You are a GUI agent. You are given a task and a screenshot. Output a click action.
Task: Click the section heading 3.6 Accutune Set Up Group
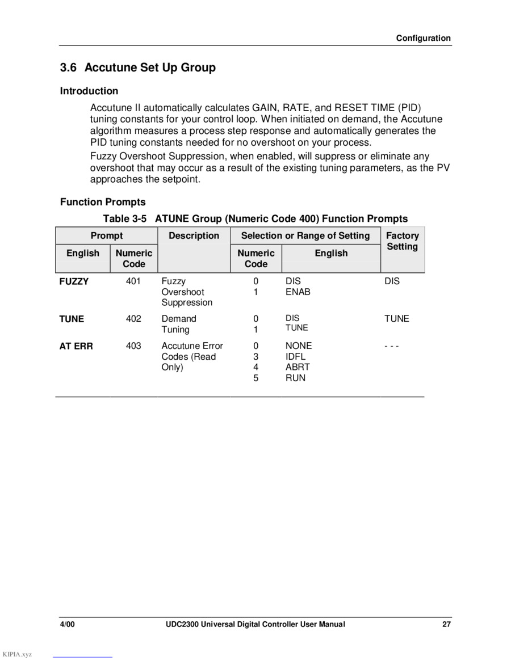click(138, 68)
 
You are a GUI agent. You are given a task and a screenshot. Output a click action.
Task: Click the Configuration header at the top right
click(423, 38)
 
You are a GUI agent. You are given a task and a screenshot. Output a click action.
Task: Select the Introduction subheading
click(89, 91)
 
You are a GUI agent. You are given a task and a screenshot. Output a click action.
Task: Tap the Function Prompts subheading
click(103, 202)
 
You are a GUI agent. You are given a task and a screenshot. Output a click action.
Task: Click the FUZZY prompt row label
click(74, 281)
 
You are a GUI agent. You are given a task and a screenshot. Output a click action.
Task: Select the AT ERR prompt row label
click(76, 346)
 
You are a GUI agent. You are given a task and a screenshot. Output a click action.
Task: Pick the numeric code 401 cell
click(133, 281)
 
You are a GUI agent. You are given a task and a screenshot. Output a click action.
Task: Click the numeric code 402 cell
click(133, 318)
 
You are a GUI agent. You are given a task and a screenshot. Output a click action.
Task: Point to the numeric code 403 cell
click(133, 346)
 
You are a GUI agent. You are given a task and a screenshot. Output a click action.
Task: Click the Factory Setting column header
click(402, 241)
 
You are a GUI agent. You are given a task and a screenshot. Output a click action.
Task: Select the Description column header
click(194, 235)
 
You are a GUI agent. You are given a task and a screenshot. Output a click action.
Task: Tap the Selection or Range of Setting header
click(305, 235)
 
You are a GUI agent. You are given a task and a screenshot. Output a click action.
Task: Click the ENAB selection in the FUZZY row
click(298, 292)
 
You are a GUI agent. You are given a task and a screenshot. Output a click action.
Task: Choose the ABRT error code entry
click(298, 367)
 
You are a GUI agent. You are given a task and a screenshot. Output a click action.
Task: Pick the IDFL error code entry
click(295, 356)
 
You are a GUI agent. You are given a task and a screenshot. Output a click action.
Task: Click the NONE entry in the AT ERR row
click(299, 346)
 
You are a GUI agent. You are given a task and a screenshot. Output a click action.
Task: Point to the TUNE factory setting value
click(396, 318)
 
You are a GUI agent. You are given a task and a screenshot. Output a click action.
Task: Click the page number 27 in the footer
click(446, 624)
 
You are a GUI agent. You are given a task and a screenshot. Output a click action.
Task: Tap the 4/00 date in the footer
click(68, 624)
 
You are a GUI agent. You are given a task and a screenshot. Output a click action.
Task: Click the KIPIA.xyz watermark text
click(17, 654)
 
